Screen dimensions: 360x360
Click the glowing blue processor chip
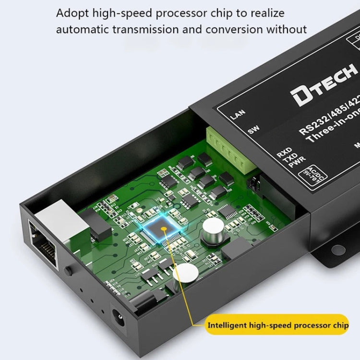click(x=164, y=229)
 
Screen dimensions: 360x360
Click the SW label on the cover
click(x=253, y=130)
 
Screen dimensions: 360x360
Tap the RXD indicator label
click(x=284, y=154)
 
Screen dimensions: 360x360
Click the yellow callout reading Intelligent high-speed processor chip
click(x=278, y=325)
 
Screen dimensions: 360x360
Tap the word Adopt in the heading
click(x=71, y=13)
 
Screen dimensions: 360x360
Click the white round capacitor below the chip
click(x=185, y=272)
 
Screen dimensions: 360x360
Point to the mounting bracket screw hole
click(x=339, y=250)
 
